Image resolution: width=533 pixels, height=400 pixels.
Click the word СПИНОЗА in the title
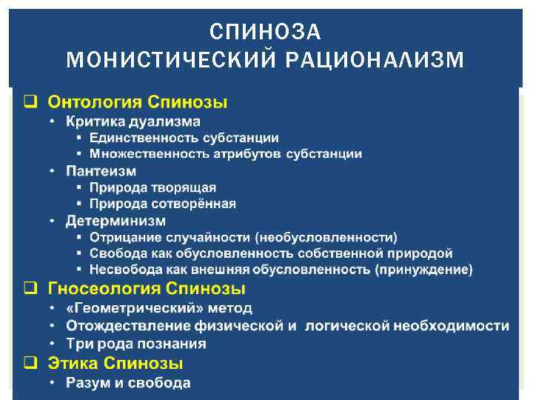tap(266, 32)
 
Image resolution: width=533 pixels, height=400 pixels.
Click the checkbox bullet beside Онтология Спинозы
tap(30, 102)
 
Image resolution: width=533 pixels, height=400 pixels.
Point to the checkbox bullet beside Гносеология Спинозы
tap(30, 288)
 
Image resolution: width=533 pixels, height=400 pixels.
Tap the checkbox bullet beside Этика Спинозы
tap(30, 364)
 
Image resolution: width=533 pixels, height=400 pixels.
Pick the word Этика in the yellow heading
tap(73, 364)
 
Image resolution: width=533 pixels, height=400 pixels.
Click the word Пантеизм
tap(101, 170)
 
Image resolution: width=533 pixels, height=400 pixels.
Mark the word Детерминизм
tap(115, 221)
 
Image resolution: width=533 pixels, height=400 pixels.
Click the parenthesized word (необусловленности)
tap(326, 237)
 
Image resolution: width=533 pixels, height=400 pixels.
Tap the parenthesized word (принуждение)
tap(423, 270)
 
